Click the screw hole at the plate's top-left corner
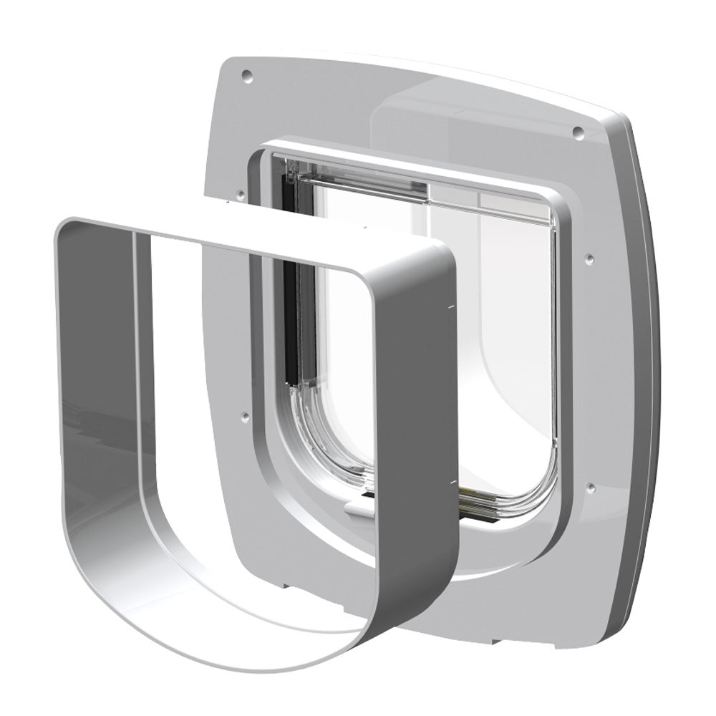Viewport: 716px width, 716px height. (x=247, y=74)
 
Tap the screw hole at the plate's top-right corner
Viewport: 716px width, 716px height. (x=577, y=132)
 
